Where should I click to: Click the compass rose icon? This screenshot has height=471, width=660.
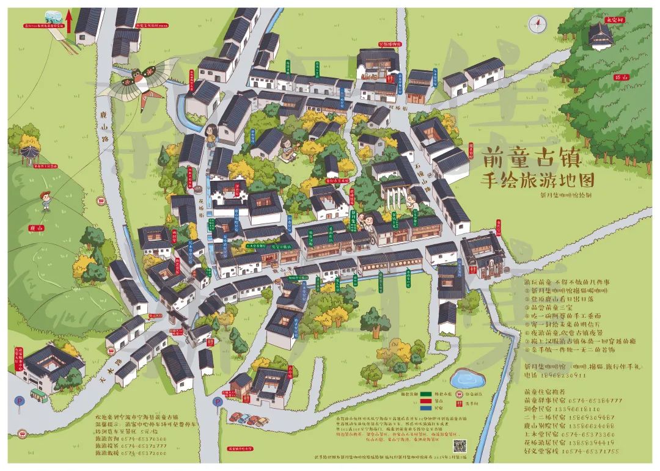537,24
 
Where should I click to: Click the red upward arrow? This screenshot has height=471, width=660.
69,23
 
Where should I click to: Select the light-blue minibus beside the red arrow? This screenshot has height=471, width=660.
53,18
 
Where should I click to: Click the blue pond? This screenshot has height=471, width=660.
468,379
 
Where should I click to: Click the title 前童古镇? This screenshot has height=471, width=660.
530,158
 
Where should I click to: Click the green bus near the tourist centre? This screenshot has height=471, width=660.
40,394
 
